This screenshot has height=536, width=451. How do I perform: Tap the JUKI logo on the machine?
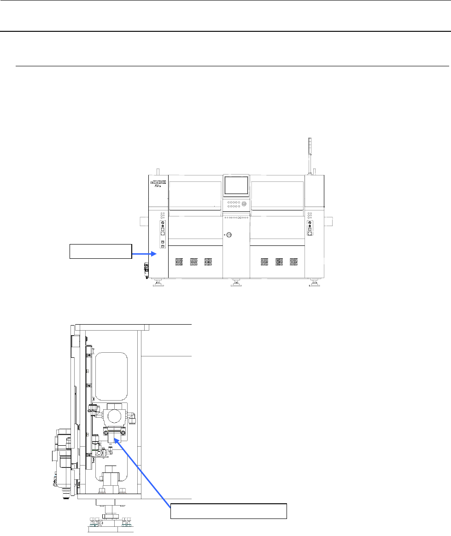click(158, 182)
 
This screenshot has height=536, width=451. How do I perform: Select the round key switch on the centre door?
click(229, 235)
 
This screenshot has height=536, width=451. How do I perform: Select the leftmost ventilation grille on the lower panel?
click(179, 262)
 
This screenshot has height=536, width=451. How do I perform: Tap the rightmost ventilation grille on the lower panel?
click(293, 262)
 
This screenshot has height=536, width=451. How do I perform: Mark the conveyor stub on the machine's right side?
click(328, 222)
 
